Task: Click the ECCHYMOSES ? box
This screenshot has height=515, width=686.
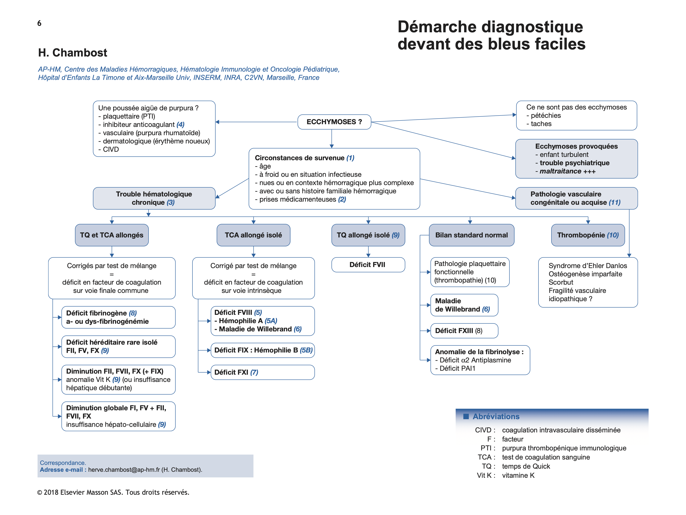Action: (x=334, y=122)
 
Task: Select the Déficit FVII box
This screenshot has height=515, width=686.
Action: (x=368, y=265)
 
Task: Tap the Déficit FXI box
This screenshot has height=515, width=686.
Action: (x=262, y=372)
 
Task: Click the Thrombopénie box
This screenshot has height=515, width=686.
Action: (x=588, y=235)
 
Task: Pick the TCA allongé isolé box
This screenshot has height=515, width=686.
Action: (x=253, y=235)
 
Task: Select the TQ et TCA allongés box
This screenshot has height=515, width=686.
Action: (x=112, y=235)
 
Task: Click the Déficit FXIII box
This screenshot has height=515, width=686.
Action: (x=464, y=331)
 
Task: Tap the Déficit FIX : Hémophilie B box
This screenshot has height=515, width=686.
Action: (x=262, y=350)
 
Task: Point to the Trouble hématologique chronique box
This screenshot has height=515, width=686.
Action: (x=154, y=198)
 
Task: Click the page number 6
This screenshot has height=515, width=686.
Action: (x=39, y=23)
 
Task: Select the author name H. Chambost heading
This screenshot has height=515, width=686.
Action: (x=73, y=53)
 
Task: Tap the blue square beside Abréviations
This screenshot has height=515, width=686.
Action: (x=466, y=416)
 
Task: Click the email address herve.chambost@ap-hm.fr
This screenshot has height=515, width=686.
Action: (x=124, y=470)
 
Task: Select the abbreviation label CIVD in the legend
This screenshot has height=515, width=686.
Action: (x=483, y=430)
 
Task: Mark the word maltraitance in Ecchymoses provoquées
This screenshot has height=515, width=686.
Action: (x=560, y=171)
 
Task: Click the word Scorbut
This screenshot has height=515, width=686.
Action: (x=561, y=282)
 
